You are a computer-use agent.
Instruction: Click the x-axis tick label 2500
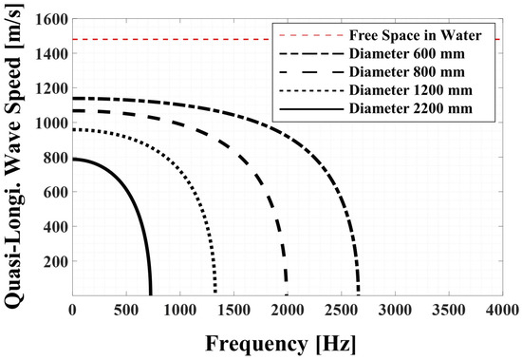[x=342, y=311]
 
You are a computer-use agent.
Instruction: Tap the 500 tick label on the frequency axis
[x=126, y=311]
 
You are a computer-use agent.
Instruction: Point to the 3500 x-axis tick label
[x=449, y=311]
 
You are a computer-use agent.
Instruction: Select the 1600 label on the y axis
[x=51, y=19]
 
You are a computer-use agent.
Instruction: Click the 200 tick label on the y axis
[x=56, y=261]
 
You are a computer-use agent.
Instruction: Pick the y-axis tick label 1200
[x=51, y=88]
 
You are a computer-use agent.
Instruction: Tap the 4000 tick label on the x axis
[x=502, y=311]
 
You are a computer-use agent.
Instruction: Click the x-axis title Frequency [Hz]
[x=281, y=344]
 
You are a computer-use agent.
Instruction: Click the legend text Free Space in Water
[x=415, y=35]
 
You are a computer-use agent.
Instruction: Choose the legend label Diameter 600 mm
[x=407, y=53]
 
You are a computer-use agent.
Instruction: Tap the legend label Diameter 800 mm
[x=407, y=72]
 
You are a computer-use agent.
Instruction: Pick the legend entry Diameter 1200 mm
[x=411, y=90]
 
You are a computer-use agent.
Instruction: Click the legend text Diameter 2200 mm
[x=411, y=108]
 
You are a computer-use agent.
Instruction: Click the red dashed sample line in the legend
[x=311, y=35]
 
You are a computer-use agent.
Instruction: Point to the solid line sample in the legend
[x=311, y=108]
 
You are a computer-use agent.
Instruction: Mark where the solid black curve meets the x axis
[x=151, y=294]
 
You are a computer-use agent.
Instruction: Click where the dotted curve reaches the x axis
[x=215, y=294]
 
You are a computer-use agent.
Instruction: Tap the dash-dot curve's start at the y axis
[x=73, y=99]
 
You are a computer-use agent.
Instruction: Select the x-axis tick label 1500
[x=233, y=311]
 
